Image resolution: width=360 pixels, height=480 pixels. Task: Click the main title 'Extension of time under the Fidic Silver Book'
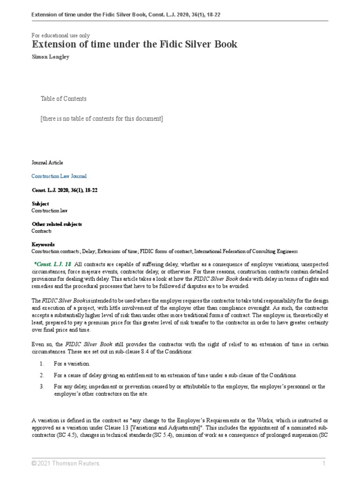(x=134, y=45)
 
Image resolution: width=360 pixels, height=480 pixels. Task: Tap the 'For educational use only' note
(x=60, y=35)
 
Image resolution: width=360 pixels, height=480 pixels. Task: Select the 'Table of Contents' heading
(x=63, y=98)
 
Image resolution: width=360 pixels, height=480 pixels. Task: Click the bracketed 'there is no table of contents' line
(x=102, y=119)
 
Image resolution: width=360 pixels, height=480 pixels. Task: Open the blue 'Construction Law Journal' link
(x=59, y=176)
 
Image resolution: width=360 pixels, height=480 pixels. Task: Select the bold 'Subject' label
(x=40, y=204)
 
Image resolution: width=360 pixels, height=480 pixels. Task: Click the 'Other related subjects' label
(x=56, y=224)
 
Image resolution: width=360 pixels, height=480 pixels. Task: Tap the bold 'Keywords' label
(x=43, y=244)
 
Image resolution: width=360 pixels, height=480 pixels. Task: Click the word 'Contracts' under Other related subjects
(x=41, y=231)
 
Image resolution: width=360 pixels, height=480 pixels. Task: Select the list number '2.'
(x=42, y=375)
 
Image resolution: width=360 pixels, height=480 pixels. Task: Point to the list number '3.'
(x=42, y=386)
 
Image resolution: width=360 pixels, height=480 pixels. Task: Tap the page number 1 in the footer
(x=323, y=463)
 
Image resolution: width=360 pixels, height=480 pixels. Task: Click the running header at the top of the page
(x=126, y=15)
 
